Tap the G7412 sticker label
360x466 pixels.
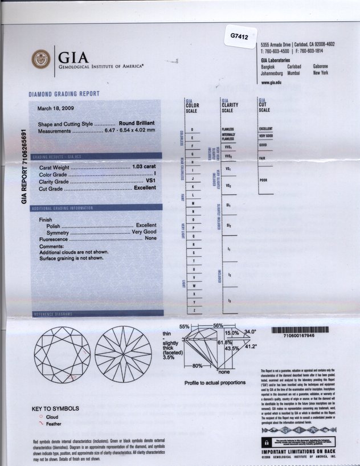[239, 36]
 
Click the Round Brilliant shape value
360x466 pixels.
[137, 124]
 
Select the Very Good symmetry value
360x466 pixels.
[144, 232]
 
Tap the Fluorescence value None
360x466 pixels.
[150, 239]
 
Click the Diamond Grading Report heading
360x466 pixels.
[64, 94]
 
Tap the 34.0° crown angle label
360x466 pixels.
[250, 331]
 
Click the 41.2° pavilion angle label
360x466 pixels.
[251, 346]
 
